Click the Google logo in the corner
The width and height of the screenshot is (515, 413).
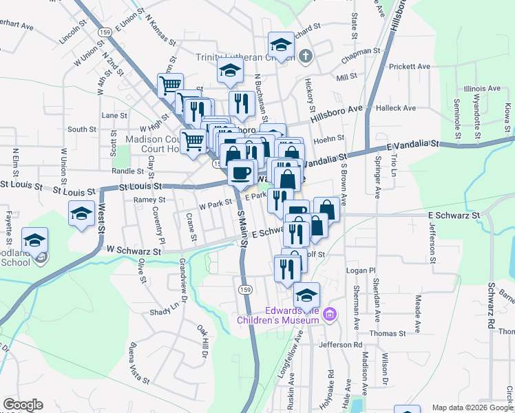[x=23, y=405]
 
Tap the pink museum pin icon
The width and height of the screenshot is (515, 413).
[x=330, y=315]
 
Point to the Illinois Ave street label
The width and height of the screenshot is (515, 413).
[x=481, y=89]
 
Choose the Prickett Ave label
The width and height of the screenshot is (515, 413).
[x=409, y=67]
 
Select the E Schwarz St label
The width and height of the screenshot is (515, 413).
[x=453, y=215]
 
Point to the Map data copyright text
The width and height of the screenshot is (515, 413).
[x=472, y=407]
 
